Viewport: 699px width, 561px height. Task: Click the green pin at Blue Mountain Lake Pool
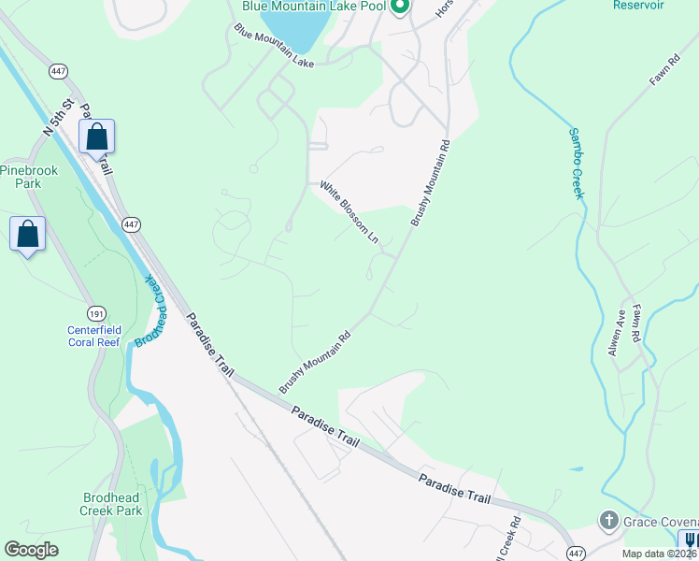point(400,7)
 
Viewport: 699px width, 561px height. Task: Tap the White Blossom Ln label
point(349,213)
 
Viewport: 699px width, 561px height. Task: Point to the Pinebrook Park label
point(21,177)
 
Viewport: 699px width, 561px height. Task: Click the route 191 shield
point(95,312)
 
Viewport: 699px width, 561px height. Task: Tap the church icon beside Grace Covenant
point(608,520)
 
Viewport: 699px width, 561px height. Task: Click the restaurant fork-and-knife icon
point(690,541)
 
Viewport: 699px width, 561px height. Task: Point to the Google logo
point(32,550)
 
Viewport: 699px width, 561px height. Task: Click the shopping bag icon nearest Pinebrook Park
point(27,234)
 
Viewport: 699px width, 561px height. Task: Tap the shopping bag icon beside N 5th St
point(96,137)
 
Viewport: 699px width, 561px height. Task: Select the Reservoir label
point(638,5)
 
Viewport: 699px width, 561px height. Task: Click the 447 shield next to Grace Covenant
point(577,554)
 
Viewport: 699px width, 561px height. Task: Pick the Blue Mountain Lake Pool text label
point(314,6)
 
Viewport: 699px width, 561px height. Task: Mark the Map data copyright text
point(659,554)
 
